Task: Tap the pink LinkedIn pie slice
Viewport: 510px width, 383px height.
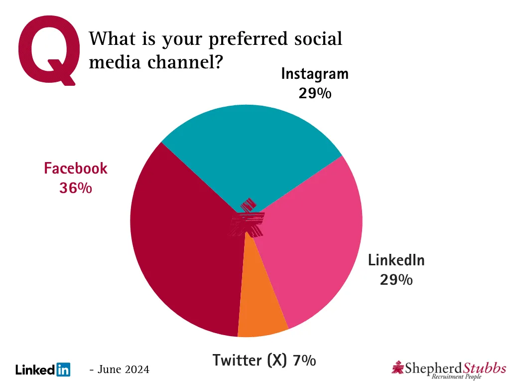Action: [x=314, y=239]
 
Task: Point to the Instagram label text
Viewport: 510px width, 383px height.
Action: [x=315, y=74]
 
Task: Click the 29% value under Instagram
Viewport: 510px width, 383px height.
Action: [x=315, y=93]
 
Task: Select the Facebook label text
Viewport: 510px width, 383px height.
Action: [x=76, y=168]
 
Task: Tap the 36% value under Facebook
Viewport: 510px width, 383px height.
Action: [x=76, y=188]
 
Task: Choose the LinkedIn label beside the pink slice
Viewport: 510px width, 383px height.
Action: [x=396, y=260]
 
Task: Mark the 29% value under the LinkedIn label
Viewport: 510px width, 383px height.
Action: [x=396, y=279]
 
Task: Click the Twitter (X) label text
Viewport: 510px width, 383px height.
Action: [x=250, y=360]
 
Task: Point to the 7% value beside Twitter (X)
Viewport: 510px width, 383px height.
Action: [x=304, y=360]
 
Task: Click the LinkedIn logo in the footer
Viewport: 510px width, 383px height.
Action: [x=43, y=370]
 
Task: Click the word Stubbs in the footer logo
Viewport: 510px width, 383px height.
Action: [x=485, y=368]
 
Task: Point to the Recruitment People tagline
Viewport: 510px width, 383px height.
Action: [x=456, y=377]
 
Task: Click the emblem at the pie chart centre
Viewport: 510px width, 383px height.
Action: [x=248, y=219]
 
